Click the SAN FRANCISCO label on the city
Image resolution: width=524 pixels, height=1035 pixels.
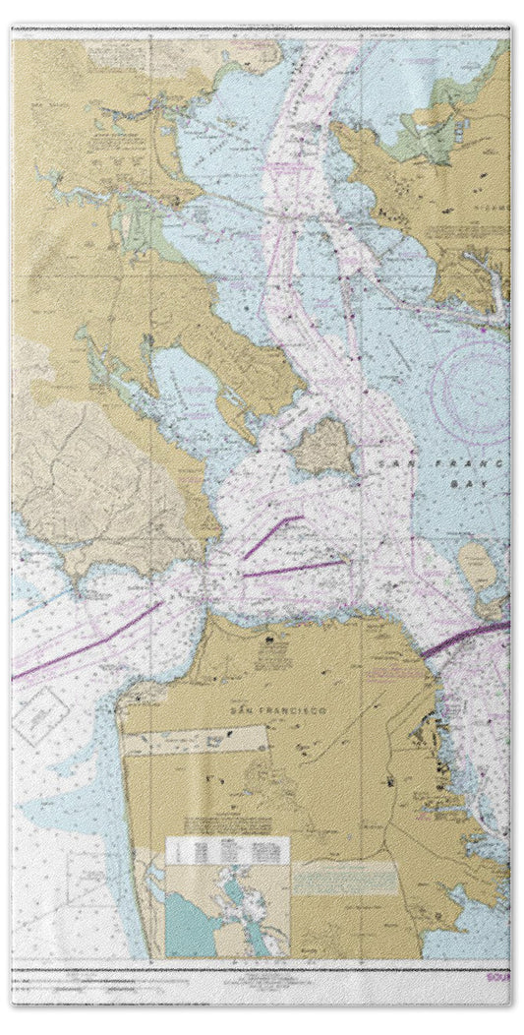pos(251,712)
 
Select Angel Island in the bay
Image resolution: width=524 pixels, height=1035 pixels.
pos(323,448)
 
